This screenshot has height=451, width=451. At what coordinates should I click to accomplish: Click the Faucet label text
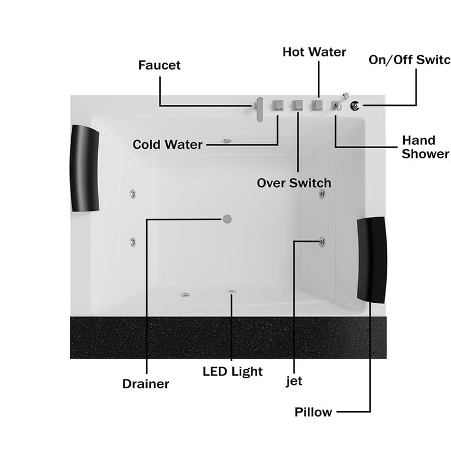pyautogui.click(x=160, y=65)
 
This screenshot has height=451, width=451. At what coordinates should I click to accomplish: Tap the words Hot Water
pyautogui.click(x=314, y=52)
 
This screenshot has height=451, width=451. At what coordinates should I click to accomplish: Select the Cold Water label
pyautogui.click(x=167, y=145)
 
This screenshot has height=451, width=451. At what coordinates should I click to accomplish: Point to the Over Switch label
pyautogui.click(x=294, y=183)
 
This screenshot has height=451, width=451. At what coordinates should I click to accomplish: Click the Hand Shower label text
pyautogui.click(x=426, y=147)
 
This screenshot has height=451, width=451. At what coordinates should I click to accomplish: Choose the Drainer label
pyautogui.click(x=145, y=384)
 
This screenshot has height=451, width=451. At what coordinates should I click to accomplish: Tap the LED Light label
pyautogui.click(x=232, y=372)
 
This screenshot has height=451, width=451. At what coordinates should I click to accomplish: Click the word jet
pyautogui.click(x=294, y=381)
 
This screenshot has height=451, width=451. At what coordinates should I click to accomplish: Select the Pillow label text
pyautogui.click(x=313, y=412)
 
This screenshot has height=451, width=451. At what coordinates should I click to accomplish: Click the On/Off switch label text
pyautogui.click(x=409, y=60)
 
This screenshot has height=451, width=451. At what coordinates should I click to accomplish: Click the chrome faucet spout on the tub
pyautogui.click(x=259, y=108)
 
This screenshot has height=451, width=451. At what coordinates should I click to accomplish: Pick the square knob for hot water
pyautogui.click(x=318, y=105)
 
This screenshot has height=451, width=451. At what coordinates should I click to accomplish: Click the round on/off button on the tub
pyautogui.click(x=355, y=105)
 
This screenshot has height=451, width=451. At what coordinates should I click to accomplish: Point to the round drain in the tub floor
pyautogui.click(x=227, y=218)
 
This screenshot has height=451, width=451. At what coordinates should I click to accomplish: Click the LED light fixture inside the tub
pyautogui.click(x=231, y=291)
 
